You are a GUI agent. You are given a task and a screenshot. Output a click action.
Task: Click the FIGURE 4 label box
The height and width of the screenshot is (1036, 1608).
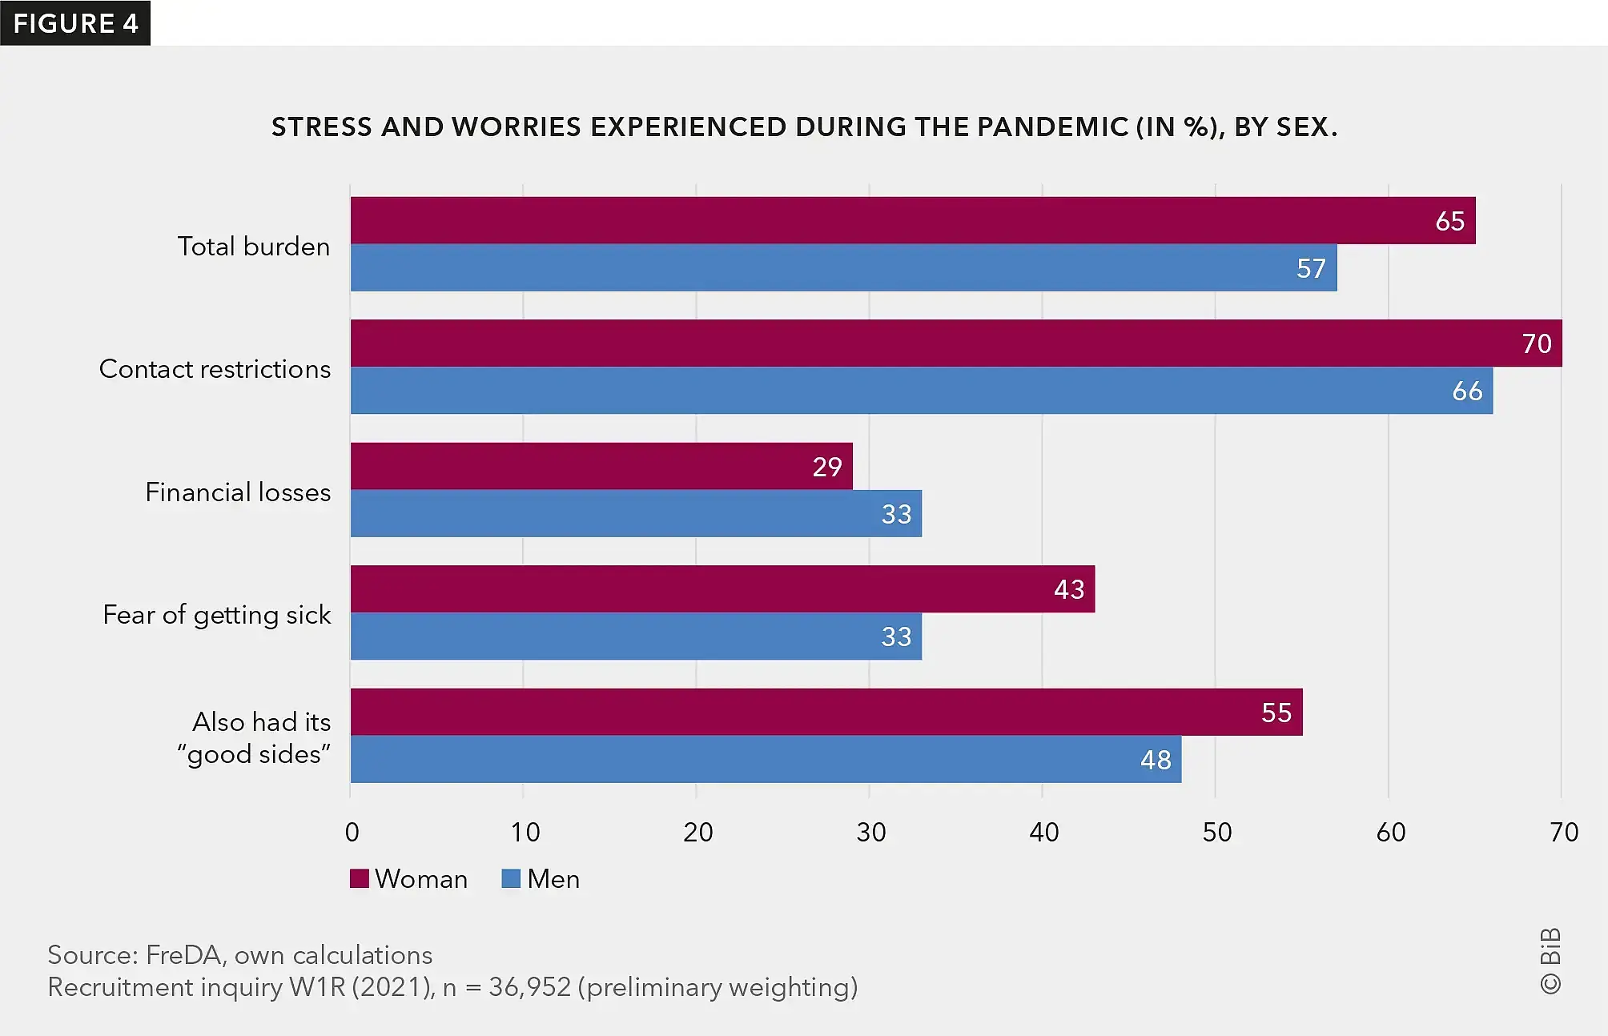click(x=75, y=23)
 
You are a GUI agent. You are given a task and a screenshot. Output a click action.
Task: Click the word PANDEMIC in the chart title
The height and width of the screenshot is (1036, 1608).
click(x=1052, y=127)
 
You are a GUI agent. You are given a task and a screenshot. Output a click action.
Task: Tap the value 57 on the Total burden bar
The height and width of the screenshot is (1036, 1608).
click(x=1311, y=268)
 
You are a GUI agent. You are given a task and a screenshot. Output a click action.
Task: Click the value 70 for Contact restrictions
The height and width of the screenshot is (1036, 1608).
click(x=1536, y=343)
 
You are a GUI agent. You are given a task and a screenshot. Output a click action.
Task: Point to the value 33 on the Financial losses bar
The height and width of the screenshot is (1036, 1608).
click(x=896, y=514)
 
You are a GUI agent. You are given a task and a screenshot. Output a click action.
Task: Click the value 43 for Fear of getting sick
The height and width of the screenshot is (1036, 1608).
click(x=1069, y=590)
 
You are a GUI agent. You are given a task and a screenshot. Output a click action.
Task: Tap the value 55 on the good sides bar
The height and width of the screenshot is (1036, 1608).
click(x=1276, y=713)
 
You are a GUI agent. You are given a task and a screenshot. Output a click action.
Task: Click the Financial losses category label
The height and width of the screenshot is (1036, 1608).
click(x=238, y=492)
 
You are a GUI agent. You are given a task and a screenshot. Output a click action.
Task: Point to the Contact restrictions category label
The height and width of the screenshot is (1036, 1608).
click(x=215, y=369)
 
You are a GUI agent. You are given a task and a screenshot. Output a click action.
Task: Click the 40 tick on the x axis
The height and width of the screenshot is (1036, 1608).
click(x=1043, y=833)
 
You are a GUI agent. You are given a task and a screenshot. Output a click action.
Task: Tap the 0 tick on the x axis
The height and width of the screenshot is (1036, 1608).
click(x=352, y=833)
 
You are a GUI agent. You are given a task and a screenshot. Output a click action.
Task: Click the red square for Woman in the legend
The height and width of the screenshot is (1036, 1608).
click(x=360, y=879)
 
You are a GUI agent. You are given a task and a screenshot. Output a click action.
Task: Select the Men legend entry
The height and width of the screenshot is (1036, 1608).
click(x=541, y=879)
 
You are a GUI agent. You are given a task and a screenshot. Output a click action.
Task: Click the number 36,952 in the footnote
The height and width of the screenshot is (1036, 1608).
click(x=529, y=987)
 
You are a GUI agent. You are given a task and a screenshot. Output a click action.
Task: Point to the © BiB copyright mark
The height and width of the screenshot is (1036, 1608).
click(x=1550, y=961)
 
